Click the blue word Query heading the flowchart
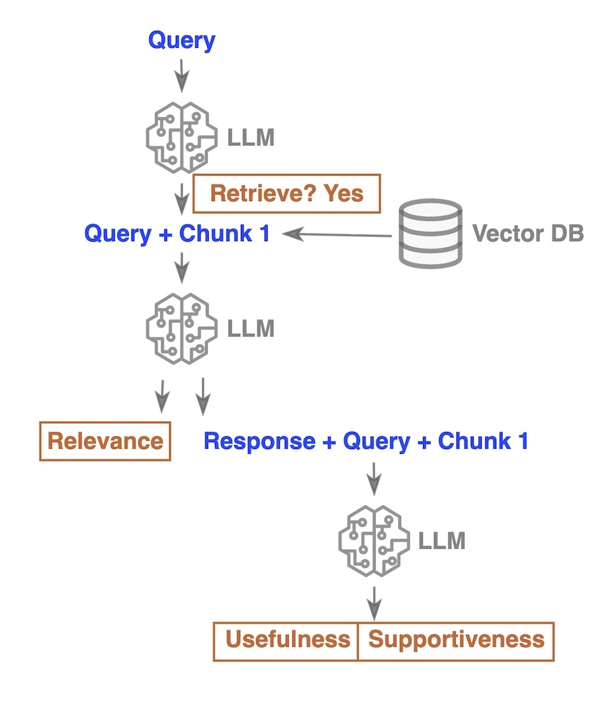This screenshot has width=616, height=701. point(181,40)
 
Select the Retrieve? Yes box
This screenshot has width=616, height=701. point(286,194)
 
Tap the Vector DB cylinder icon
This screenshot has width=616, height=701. point(431,233)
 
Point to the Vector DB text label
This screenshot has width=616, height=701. point(528,233)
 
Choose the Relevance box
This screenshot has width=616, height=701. point(105,441)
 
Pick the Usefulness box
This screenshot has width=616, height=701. point(287,640)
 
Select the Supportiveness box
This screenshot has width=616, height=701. point(456,640)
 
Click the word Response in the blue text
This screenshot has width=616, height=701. point(259,441)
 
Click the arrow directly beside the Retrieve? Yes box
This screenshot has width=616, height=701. point(181,198)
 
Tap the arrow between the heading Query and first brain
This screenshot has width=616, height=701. point(181,75)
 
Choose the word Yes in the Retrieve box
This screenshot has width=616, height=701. point(345,194)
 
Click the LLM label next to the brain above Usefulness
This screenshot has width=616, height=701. point(443,541)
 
